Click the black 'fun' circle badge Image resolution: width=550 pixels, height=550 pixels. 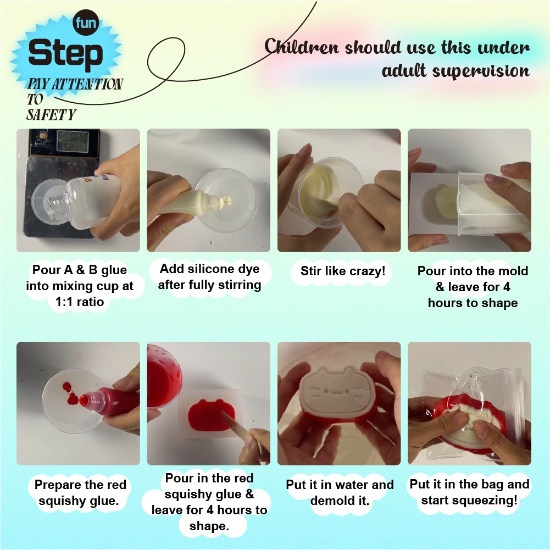86,23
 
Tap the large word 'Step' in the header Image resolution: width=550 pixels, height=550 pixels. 65,54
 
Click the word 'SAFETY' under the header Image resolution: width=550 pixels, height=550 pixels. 51,115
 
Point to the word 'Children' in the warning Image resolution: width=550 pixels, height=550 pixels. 302,47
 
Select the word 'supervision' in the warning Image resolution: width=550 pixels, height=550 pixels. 480,71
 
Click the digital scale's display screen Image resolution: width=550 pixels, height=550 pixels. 73,141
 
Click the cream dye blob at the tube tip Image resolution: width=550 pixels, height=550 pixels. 226,201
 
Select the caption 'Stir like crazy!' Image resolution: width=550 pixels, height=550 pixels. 343,271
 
